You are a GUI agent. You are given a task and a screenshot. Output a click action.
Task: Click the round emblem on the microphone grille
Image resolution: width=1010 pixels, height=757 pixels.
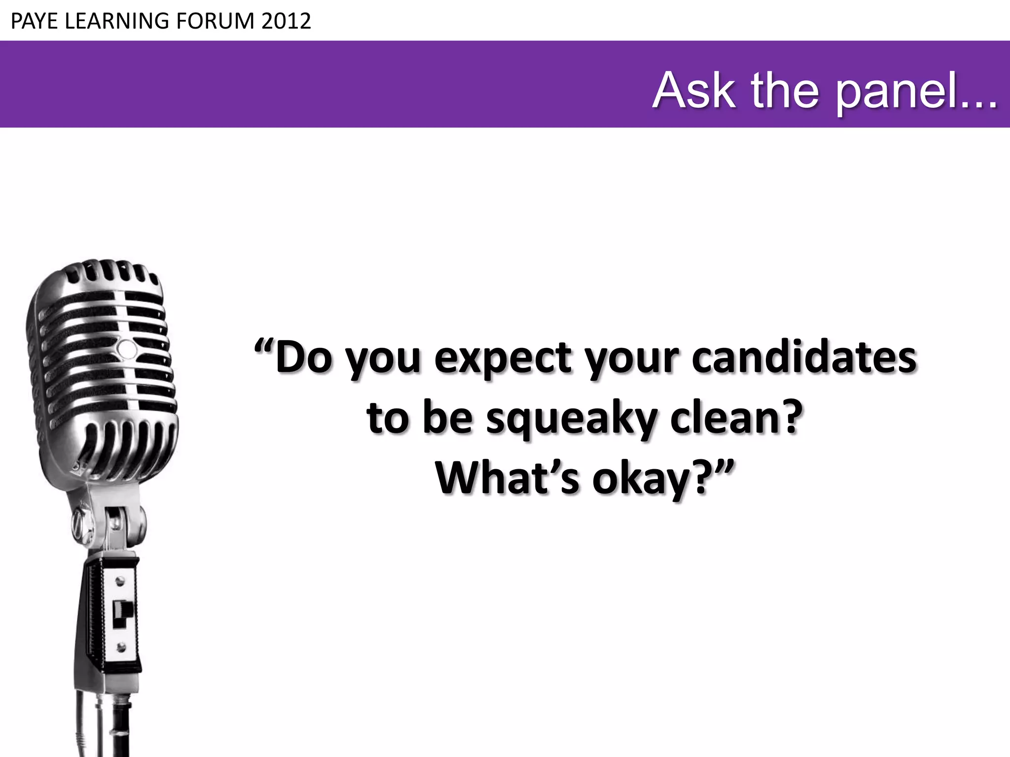(127, 349)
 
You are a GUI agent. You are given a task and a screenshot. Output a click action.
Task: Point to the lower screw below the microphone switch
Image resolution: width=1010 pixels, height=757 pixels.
(120, 647)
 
